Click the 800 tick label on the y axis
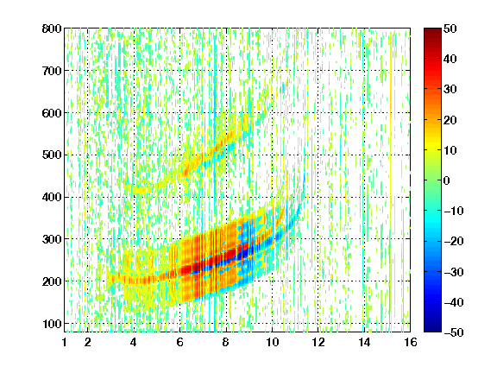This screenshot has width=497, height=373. pyautogui.click(x=52, y=28)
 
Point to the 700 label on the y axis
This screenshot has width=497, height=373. pyautogui.click(x=52, y=71)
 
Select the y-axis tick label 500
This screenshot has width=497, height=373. pyautogui.click(x=52, y=155)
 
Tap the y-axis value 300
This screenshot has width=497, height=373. pyautogui.click(x=52, y=239)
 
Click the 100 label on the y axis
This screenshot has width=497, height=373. pyautogui.click(x=52, y=324)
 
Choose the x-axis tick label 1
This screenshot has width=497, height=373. pyautogui.click(x=65, y=342)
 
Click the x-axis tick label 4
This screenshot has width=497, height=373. pyautogui.click(x=134, y=342)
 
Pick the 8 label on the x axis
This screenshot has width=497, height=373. pyautogui.click(x=225, y=342)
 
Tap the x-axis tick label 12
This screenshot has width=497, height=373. pyautogui.click(x=318, y=342)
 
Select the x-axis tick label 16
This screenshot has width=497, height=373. pyautogui.click(x=411, y=342)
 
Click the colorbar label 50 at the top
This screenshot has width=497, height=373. pyautogui.click(x=450, y=28)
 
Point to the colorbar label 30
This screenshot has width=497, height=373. pyautogui.click(x=450, y=90)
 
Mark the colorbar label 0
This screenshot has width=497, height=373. pyautogui.click(x=447, y=180)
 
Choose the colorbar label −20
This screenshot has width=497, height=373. pyautogui.click(x=454, y=242)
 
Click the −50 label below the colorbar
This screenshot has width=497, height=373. pyautogui.click(x=454, y=332)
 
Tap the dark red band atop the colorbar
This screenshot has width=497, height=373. pyautogui.click(x=432, y=34)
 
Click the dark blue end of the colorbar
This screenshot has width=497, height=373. pyautogui.click(x=432, y=326)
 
